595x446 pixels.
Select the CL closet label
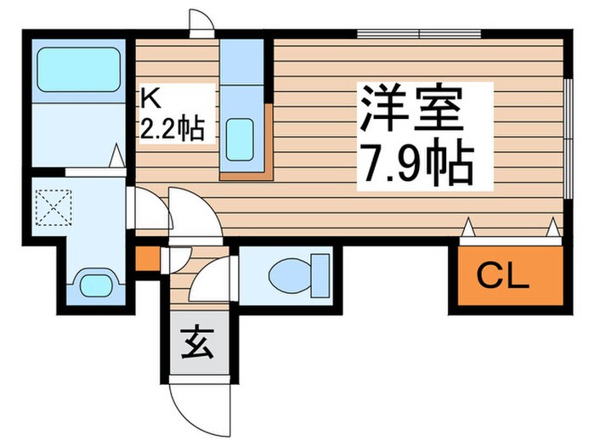click(502, 274)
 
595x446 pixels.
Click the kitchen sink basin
click(243, 134)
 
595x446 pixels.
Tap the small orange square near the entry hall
click(146, 257)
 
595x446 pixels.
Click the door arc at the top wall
click(202, 23)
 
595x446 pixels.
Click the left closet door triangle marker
click(467, 227)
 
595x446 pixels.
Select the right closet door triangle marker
click(552, 227)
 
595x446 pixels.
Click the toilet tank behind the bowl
click(321, 274)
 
